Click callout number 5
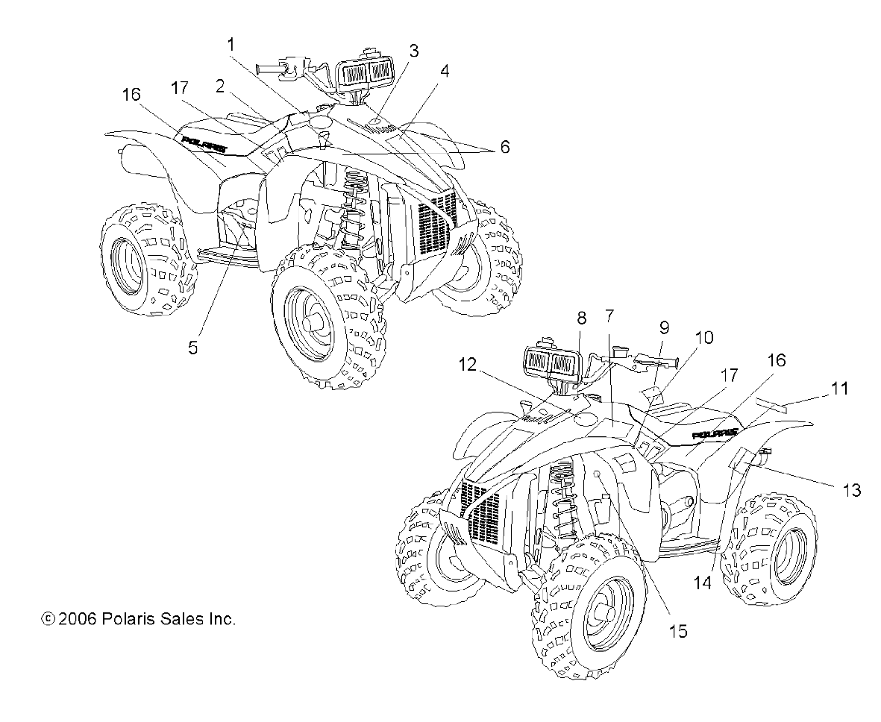coord(192,348)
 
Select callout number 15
coord(677,631)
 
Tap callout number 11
coord(840,388)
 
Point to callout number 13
coord(851,490)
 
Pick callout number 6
coord(505,148)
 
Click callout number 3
coord(413,51)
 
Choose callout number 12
coord(468,364)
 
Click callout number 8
coord(582,318)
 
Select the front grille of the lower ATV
coord(486,509)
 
